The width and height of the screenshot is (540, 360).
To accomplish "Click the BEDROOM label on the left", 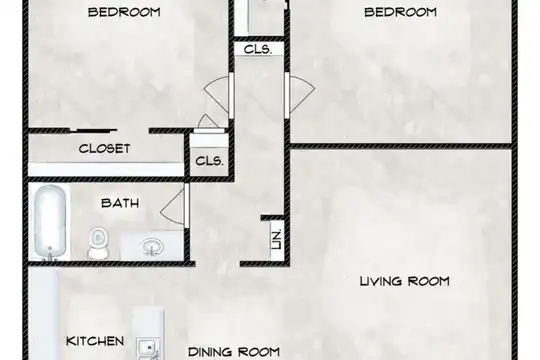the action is coord(124,12).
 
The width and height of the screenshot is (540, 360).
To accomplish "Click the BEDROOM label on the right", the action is coord(401,12).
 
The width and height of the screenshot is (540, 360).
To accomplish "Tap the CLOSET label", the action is coord(104,149).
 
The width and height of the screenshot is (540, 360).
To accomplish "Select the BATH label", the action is coord(120,203).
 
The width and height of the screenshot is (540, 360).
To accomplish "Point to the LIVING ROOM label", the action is coord(405,281).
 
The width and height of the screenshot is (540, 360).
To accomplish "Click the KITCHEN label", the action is coord(95,341).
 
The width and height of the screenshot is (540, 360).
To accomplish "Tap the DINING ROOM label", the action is coord(234,352).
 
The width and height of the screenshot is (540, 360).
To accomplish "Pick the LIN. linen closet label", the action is coord(277,239).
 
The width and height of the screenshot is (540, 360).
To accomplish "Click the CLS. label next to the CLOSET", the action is coord(209,161).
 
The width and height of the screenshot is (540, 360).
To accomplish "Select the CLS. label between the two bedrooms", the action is coord(258,49).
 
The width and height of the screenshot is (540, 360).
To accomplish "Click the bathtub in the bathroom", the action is coord(50,223).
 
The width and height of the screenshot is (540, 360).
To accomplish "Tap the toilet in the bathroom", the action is coord(98,242).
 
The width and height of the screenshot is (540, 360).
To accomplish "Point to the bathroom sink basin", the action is coord(152,246).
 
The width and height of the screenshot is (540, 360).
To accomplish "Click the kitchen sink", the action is coord(148,349).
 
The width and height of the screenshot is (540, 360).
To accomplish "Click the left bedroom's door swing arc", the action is coord(216,94).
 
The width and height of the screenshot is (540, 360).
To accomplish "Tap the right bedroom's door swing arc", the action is coord(302,94).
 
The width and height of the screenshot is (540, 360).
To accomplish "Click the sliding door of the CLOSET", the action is coord(93,131).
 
